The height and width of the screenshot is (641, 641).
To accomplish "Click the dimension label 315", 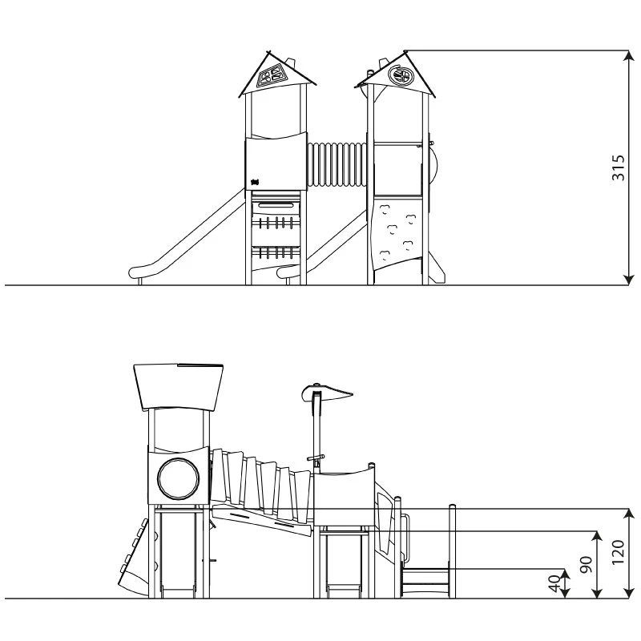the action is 618,167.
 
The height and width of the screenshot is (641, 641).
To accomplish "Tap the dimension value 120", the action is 618,552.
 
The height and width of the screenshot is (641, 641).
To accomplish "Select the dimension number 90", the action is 587,565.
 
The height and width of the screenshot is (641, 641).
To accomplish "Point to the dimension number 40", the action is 554,583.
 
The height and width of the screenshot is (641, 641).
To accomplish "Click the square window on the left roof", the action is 270,76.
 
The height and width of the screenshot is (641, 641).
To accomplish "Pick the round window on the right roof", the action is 399,75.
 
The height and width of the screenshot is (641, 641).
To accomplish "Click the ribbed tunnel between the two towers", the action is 337,164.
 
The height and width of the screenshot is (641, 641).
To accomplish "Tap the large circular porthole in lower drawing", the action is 179,478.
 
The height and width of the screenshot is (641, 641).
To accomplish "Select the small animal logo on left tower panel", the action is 256,182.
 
